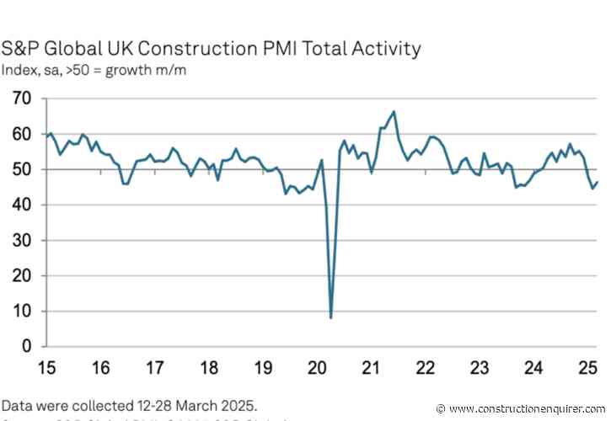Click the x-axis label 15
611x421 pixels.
48,367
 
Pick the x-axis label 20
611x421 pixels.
316,367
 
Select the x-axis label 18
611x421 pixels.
209,367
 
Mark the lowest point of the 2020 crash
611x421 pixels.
330,317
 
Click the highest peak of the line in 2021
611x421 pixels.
394,111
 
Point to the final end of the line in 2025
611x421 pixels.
598,182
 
